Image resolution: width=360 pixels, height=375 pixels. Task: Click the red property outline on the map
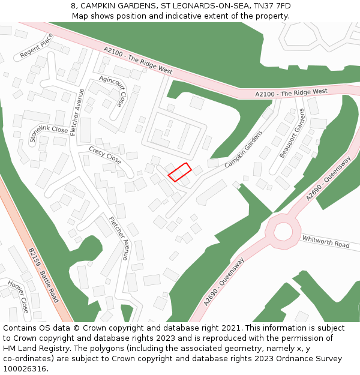click(x=179, y=172)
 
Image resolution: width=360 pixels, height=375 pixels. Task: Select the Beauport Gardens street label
click(x=292, y=133)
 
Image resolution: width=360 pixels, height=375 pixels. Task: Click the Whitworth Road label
click(x=326, y=241)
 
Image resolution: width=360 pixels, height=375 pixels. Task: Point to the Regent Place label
click(x=37, y=46)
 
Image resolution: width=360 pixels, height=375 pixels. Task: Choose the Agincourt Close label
click(x=113, y=91)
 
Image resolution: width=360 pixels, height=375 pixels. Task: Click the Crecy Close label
click(x=105, y=155)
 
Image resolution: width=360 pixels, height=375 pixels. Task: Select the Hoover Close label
click(x=18, y=296)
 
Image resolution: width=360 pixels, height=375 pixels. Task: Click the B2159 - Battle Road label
click(x=43, y=275)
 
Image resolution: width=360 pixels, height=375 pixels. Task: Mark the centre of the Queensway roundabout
click(x=282, y=230)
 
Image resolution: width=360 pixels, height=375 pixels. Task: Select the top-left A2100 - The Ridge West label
click(x=137, y=61)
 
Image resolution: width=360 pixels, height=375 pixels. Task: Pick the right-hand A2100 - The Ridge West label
click(x=292, y=92)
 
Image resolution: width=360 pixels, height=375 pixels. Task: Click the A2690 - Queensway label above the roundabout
click(x=328, y=178)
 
